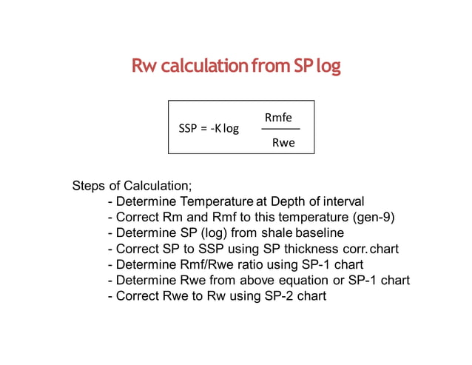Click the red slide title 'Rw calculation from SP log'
236,66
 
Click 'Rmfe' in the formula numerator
278,117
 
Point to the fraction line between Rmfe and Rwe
280,130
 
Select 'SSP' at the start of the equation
189,129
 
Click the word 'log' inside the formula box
231,129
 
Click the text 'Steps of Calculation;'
132,185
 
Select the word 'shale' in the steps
277,232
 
